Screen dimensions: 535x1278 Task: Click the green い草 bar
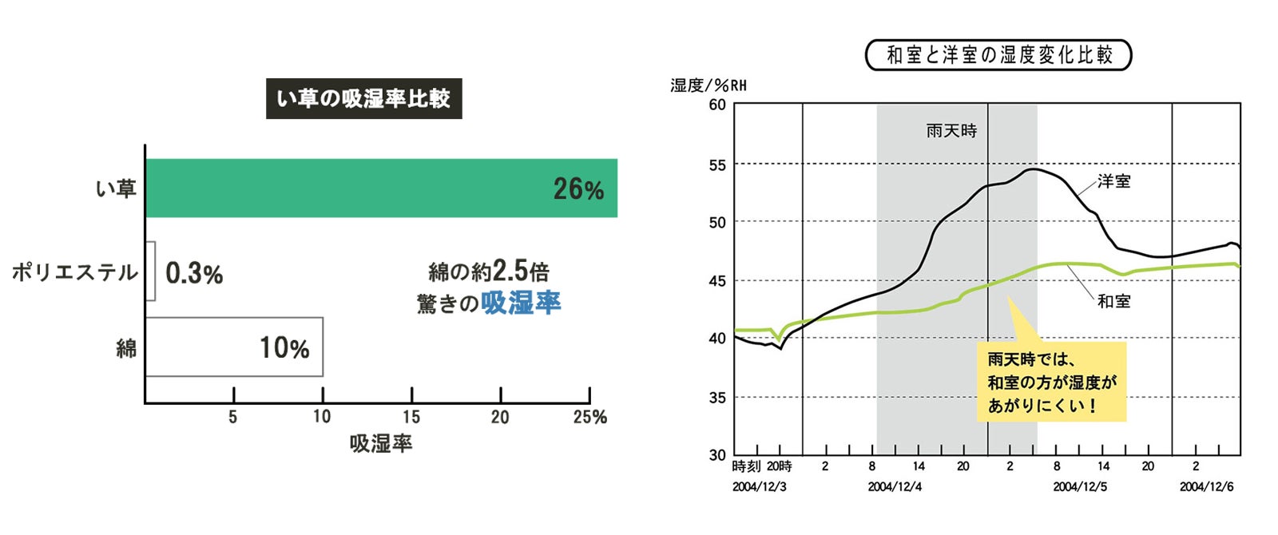pyautogui.click(x=381, y=188)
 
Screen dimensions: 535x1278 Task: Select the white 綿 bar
pyautogui.click(x=234, y=347)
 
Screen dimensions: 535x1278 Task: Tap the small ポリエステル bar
pyautogui.click(x=150, y=271)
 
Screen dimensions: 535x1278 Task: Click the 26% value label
pyautogui.click(x=578, y=189)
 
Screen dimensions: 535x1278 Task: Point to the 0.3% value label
pyautogui.click(x=194, y=273)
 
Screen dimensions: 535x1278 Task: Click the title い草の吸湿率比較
pyautogui.click(x=363, y=98)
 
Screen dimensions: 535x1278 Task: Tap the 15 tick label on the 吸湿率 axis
pyautogui.click(x=411, y=417)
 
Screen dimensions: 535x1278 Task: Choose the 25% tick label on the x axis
pyautogui.click(x=589, y=417)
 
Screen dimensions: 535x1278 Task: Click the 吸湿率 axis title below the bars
pyautogui.click(x=381, y=444)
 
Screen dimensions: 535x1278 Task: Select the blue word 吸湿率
pyautogui.click(x=521, y=303)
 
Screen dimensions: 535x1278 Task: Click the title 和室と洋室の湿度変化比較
pyautogui.click(x=998, y=55)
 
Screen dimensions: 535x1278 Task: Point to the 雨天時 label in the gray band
pyautogui.click(x=951, y=131)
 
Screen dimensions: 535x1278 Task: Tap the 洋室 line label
pyautogui.click(x=1113, y=181)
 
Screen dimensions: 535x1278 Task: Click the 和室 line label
pyautogui.click(x=1113, y=301)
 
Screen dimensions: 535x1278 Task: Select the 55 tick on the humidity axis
pyautogui.click(x=717, y=165)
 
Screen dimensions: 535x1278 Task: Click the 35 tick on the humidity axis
pyautogui.click(x=717, y=397)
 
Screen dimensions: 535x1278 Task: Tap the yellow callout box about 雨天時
pyautogui.click(x=1051, y=382)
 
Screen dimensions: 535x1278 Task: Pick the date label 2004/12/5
pyautogui.click(x=1080, y=486)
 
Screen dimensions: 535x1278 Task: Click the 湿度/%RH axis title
pyautogui.click(x=708, y=85)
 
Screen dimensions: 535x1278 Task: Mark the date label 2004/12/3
pyautogui.click(x=759, y=486)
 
